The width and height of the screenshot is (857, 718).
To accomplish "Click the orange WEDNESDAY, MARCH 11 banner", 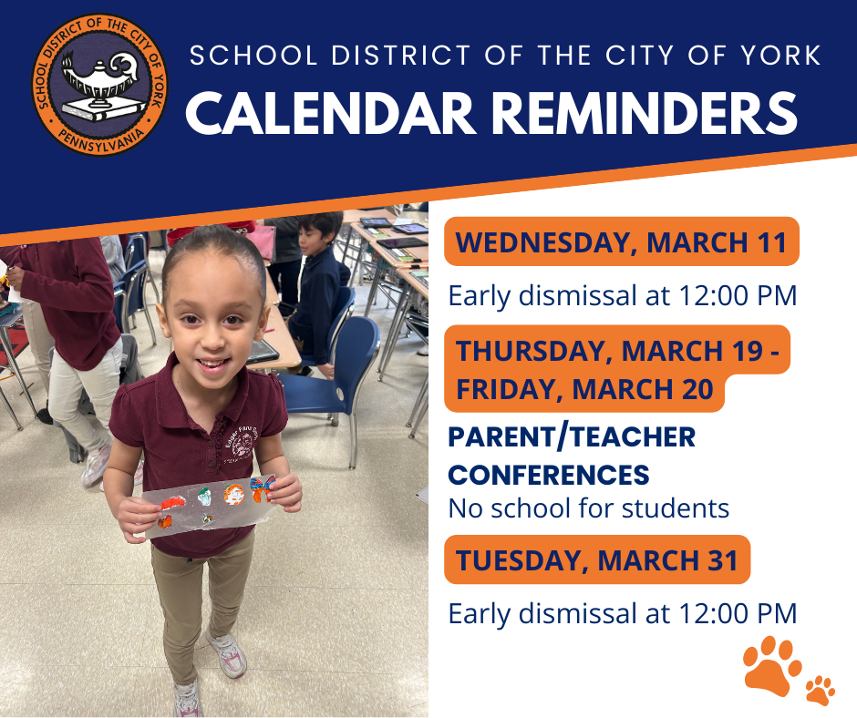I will (x=621, y=242).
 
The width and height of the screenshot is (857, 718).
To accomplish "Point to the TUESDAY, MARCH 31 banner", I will (x=597, y=559).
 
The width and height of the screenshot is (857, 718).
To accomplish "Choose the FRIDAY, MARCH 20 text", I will (x=584, y=389).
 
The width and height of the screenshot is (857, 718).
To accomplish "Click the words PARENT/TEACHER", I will (x=572, y=437).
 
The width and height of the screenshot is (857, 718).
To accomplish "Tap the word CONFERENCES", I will (x=549, y=475).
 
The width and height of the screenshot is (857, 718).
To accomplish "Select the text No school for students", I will (x=588, y=508).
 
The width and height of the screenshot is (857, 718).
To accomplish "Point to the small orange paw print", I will (x=820, y=690).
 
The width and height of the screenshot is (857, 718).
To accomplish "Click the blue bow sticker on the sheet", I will (x=263, y=488).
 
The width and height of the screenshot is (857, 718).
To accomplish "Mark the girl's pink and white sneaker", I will (x=226, y=652).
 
